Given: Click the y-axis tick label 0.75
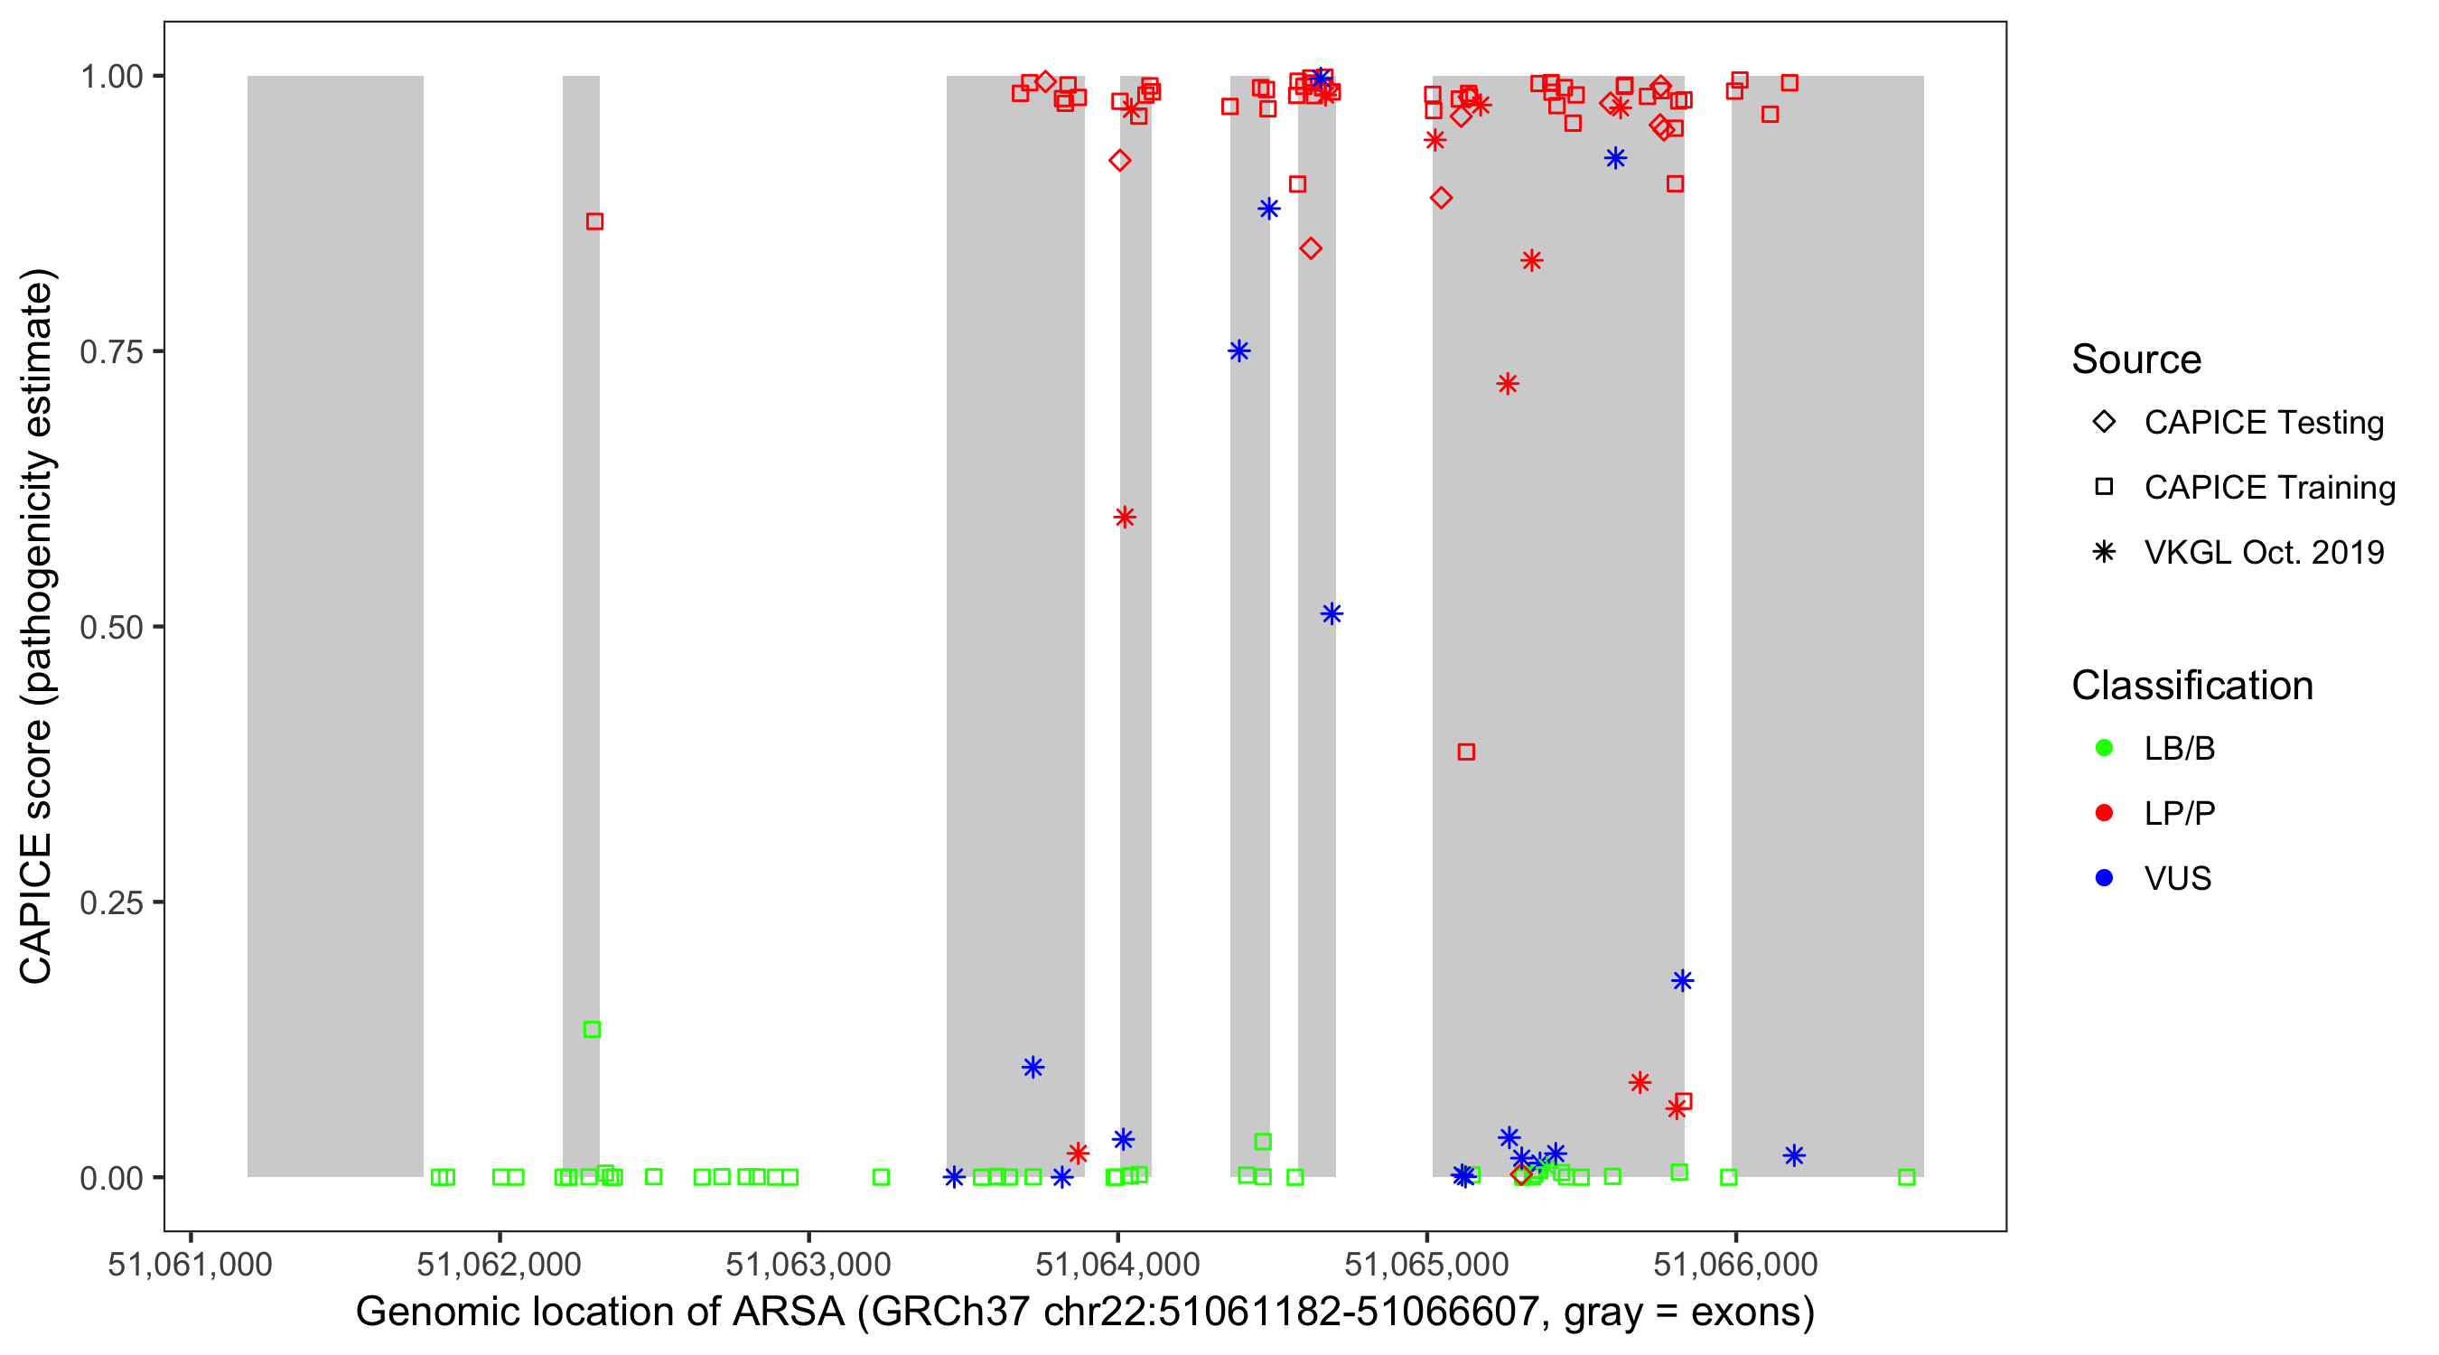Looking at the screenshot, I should point(110,351).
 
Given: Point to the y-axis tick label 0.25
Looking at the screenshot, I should point(110,902).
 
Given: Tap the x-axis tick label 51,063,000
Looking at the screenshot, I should point(808,1264).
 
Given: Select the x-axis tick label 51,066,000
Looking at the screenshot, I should point(1734,1264).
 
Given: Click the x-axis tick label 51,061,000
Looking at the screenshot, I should point(191,1264).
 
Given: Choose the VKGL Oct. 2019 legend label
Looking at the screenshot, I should point(2263,552).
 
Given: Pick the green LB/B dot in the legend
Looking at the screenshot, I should point(2104,748).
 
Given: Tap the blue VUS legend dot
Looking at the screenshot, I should point(2104,878).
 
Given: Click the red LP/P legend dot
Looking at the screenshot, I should point(2104,813).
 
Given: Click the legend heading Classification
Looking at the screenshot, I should point(2191,686).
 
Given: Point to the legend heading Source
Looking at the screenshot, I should point(2135,360).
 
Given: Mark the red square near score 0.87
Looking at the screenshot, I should point(594,221).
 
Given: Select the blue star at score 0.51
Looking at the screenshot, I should point(1332,614).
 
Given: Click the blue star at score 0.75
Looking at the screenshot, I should point(1238,351).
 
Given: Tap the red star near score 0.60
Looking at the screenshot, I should point(1124,517).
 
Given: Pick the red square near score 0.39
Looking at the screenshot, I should point(1466,752).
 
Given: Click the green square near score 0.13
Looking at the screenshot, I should point(592,1029).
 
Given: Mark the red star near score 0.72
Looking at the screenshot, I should point(1508,384).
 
